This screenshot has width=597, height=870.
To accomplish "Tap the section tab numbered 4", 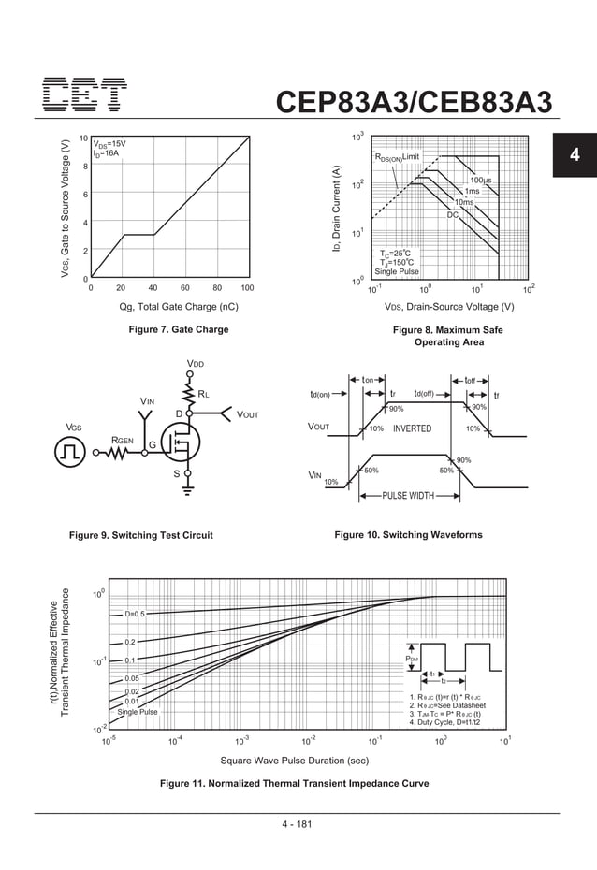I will tap(575, 155).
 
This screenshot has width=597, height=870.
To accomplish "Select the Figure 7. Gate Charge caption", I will tap(178, 329).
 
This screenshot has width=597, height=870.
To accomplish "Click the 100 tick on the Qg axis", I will tap(247, 288).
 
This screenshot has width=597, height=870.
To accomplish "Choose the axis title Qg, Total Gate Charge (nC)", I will tap(178, 307).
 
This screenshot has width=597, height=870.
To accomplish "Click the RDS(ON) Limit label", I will tap(403, 157).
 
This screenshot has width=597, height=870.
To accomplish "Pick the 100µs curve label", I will tap(482, 179).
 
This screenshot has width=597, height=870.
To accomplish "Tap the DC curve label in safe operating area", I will tap(452, 215).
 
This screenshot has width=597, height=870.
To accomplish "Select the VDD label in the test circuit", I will tap(195, 363).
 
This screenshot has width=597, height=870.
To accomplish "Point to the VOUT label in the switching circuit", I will tap(248, 413).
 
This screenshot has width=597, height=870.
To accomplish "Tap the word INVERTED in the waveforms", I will tap(412, 428).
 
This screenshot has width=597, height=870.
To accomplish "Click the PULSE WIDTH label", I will tap(407, 495).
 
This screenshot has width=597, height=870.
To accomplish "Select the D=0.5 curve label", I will tap(134, 614).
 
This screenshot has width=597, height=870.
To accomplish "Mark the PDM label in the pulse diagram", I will tap(412, 659).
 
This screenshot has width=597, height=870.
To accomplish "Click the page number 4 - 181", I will tap(297, 824).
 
